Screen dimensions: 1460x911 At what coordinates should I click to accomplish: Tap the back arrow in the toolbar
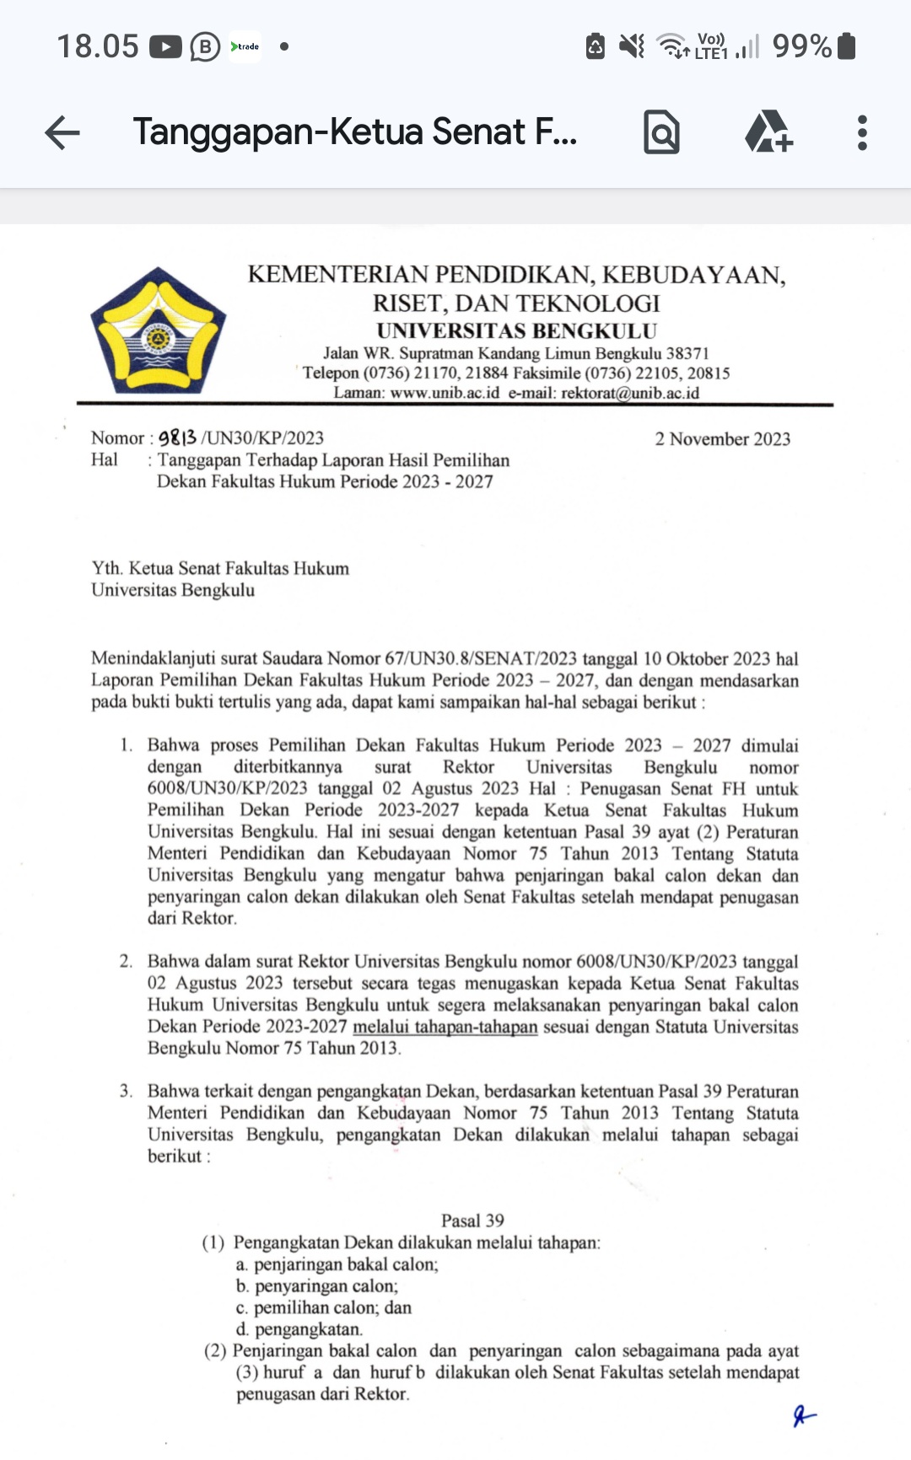click(x=62, y=132)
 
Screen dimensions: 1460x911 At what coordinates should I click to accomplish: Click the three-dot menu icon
click(x=861, y=133)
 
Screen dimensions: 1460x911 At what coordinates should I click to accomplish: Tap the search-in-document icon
click(x=661, y=132)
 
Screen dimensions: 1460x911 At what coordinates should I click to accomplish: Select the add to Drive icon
click(x=768, y=132)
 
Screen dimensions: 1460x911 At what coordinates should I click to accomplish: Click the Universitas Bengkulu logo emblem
click(x=158, y=330)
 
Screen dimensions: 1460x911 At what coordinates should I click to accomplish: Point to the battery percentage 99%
click(x=801, y=46)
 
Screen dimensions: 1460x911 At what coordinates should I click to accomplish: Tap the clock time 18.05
click(x=97, y=46)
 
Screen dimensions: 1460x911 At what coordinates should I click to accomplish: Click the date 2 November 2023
click(x=722, y=439)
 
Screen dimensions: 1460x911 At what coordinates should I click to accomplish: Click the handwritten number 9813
click(x=178, y=437)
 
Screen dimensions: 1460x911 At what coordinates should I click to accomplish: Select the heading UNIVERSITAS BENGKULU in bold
click(x=516, y=331)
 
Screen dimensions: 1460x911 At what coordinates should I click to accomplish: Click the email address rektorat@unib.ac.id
click(x=629, y=393)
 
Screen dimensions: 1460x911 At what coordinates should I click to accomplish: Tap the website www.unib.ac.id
click(x=445, y=393)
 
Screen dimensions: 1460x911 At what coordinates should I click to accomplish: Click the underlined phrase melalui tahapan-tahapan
click(x=445, y=1027)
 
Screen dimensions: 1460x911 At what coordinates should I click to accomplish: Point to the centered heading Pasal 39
click(x=472, y=1221)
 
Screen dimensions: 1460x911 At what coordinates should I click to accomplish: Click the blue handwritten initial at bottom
click(x=804, y=1416)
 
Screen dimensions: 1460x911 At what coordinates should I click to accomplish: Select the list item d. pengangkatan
click(x=299, y=1329)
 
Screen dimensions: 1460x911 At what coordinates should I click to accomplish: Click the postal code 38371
click(x=687, y=353)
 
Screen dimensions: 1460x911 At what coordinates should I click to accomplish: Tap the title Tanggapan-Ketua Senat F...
click(x=354, y=132)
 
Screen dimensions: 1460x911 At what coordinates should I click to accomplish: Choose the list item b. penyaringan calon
click(x=317, y=1286)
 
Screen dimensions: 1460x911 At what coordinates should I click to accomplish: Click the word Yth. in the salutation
click(x=106, y=569)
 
